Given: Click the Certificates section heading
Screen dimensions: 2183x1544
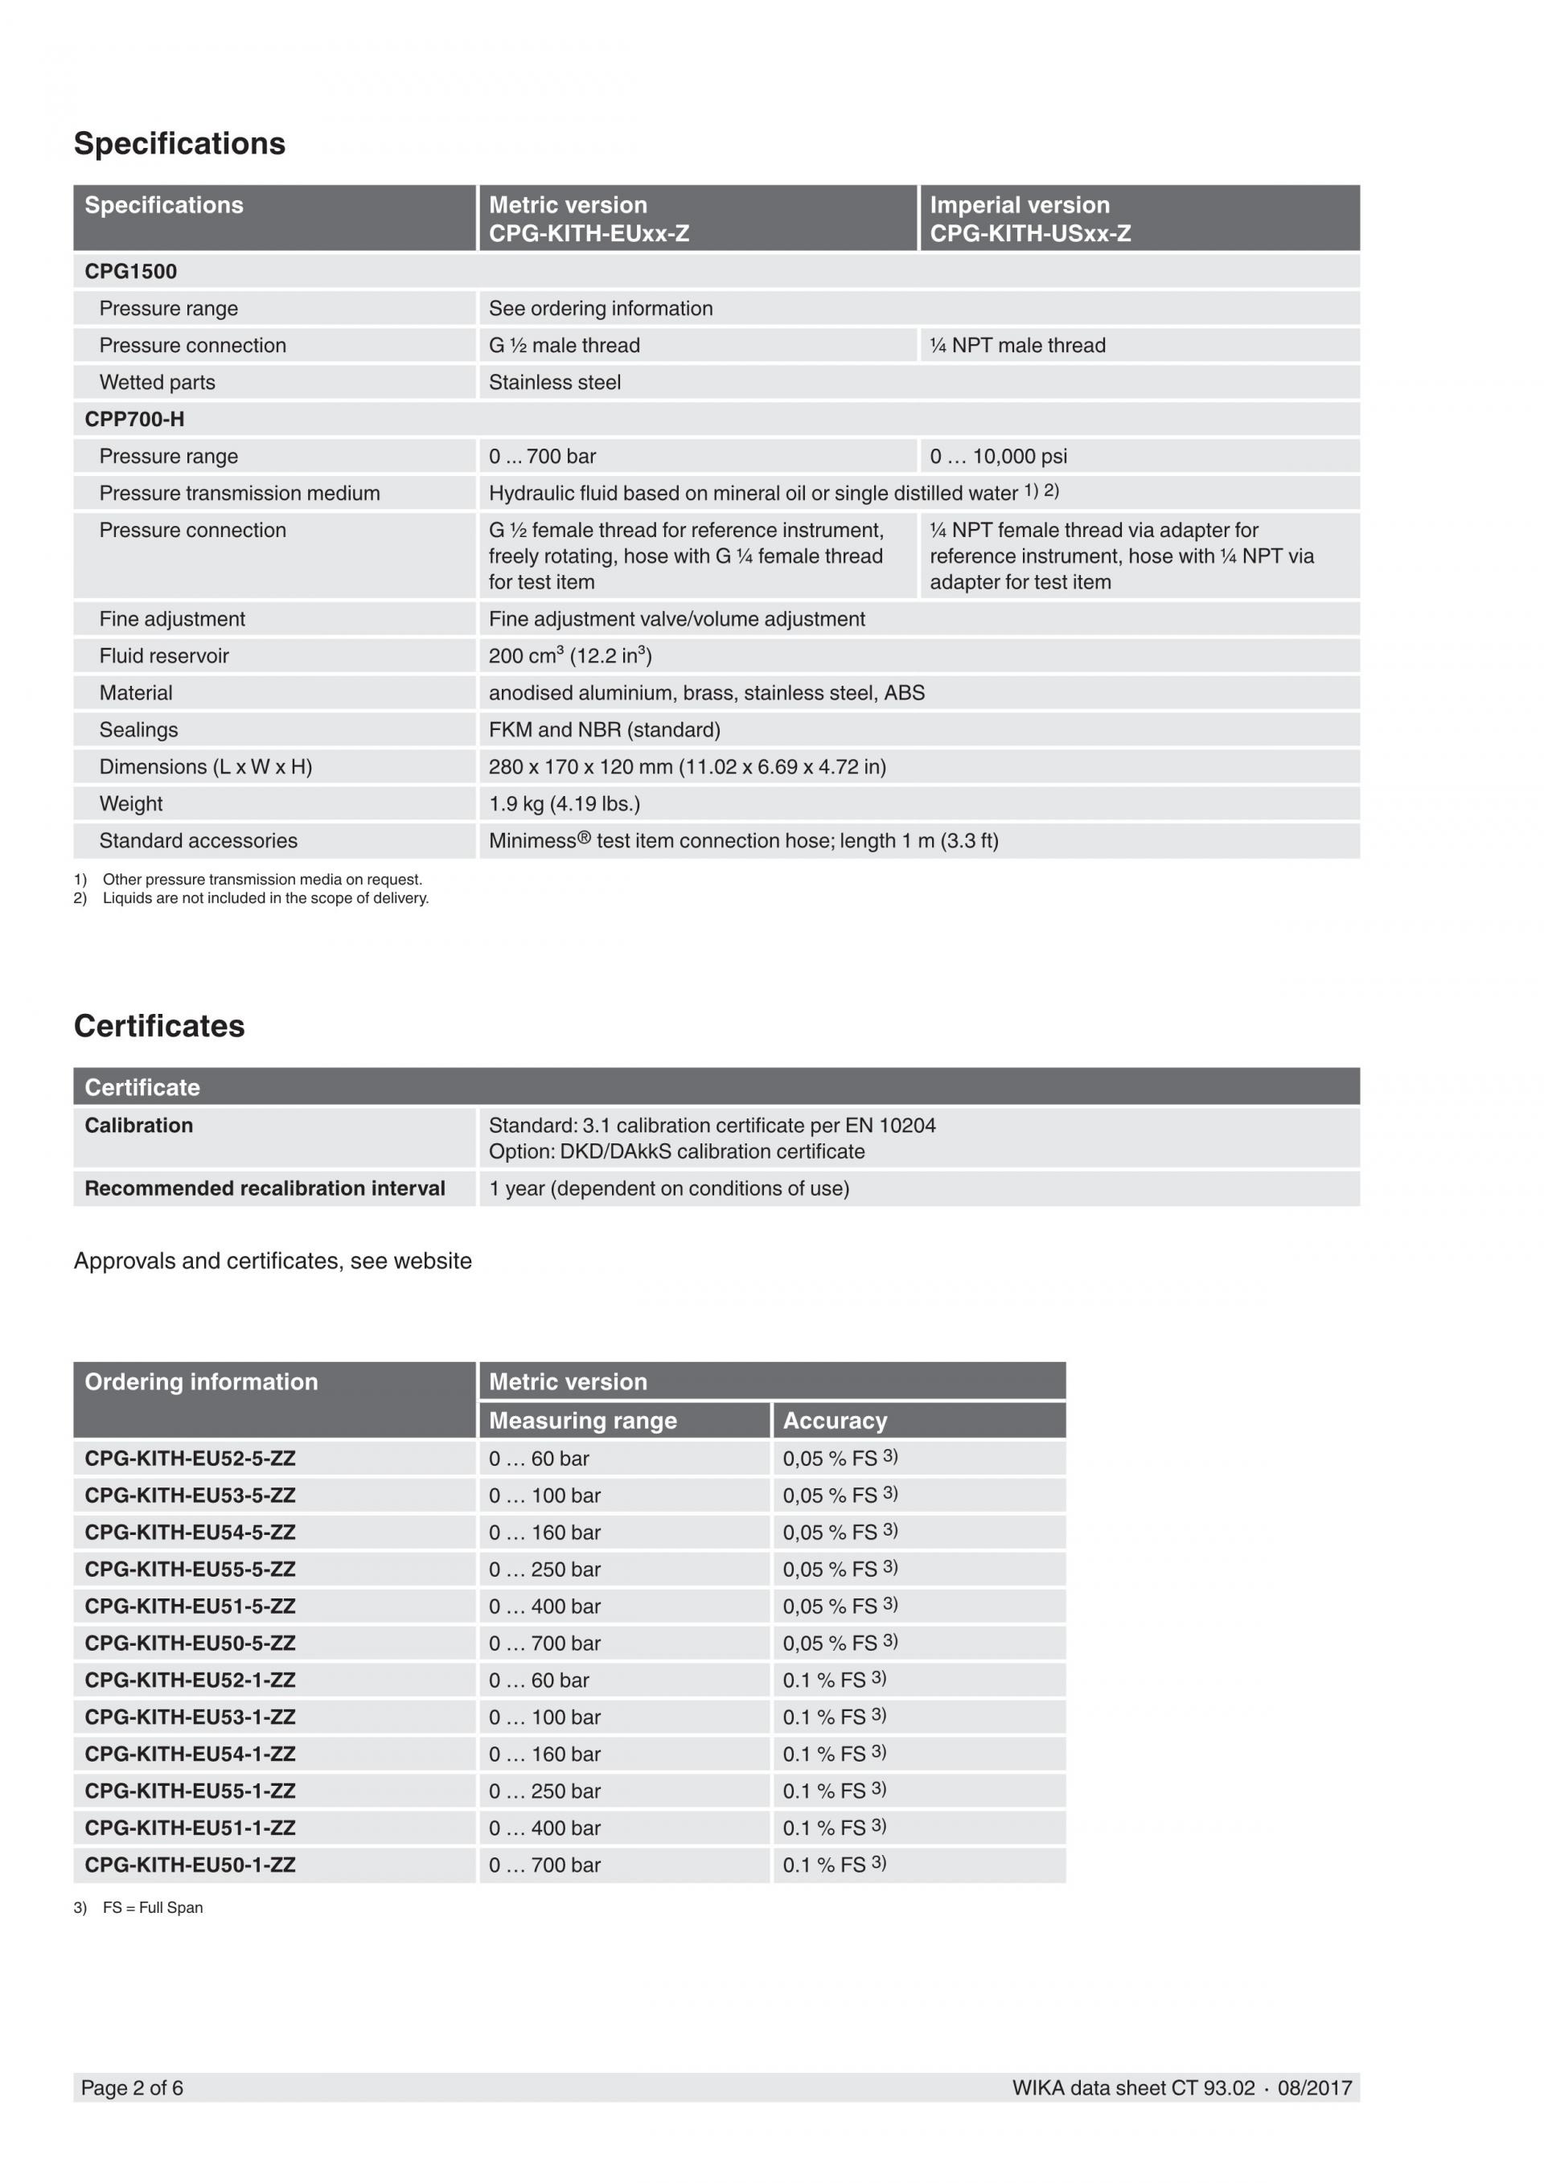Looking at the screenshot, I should pyautogui.click(x=158, y=1026).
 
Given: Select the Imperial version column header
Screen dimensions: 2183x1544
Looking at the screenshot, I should pyautogui.click(x=1019, y=205).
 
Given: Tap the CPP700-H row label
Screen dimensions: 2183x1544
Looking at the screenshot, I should pyautogui.click(x=134, y=419).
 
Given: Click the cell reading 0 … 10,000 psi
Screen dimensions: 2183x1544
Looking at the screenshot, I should pyautogui.click(x=997, y=457).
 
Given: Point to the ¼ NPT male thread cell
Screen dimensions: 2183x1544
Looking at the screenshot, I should pyautogui.click(x=1017, y=345).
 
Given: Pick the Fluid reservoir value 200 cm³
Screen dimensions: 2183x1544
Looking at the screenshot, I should pyautogui.click(x=569, y=656).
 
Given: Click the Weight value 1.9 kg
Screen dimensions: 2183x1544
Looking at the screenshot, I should pyautogui.click(x=564, y=804).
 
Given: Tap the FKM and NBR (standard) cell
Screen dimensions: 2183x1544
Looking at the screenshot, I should pyautogui.click(x=604, y=730).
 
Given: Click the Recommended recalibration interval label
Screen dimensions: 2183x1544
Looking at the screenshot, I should pyautogui.click(x=265, y=1188).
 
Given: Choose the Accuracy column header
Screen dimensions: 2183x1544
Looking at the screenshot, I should pyautogui.click(x=834, y=1421).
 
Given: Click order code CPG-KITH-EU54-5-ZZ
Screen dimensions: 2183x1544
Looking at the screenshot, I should pyautogui.click(x=189, y=1533).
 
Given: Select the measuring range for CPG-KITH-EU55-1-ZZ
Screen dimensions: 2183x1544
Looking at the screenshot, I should pyautogui.click(x=544, y=1791).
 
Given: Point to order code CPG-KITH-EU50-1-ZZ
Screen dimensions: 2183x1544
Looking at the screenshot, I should pyautogui.click(x=189, y=1865).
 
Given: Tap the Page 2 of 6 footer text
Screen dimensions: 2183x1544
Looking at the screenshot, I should pyautogui.click(x=132, y=2088).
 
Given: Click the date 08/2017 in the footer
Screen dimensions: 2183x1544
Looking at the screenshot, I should pyautogui.click(x=1314, y=2088).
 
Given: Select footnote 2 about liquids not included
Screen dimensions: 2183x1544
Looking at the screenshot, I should pyautogui.click(x=251, y=898).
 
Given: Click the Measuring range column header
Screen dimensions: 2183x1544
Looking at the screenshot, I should pyautogui.click(x=582, y=1421).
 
